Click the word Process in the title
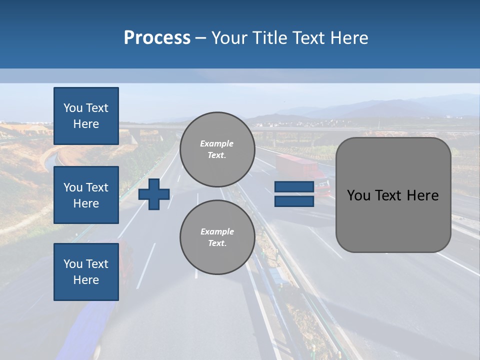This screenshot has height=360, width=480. pos(157,38)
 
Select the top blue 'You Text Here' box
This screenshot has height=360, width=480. pos(86,116)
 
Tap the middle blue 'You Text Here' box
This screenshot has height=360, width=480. pos(86,195)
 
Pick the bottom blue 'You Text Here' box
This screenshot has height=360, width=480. pos(86,272)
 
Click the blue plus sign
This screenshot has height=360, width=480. pos(154,194)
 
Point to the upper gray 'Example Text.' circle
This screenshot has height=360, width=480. pos(217,149)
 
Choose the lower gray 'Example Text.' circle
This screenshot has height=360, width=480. pos(217,237)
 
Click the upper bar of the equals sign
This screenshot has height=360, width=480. pos(294,187)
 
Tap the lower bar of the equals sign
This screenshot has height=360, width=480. pos(294,201)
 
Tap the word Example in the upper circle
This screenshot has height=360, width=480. pos(217,143)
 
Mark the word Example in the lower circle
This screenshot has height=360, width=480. pos(217,231)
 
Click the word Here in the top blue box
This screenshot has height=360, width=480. pos(86,124)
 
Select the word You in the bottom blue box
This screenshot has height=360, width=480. pos(72,264)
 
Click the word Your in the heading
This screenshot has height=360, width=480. pos(229,38)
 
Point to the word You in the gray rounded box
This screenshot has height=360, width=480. pos(358,195)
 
